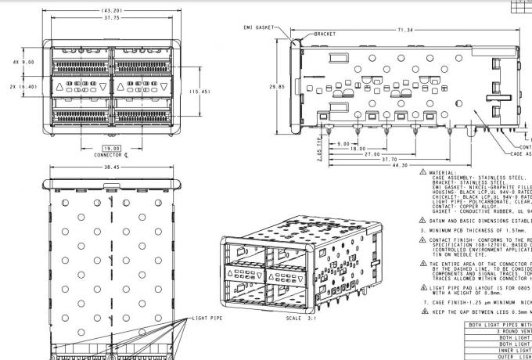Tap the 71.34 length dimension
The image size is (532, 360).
point(405,31)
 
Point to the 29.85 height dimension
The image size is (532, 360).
point(275,87)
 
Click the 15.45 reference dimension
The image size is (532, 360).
point(199,92)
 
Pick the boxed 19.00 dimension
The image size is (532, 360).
point(112,147)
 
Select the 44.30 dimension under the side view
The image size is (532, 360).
point(400,165)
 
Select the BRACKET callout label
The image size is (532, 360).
point(324,34)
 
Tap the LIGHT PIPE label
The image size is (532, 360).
point(207,319)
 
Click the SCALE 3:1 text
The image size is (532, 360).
point(301,319)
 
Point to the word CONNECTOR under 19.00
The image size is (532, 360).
point(108,155)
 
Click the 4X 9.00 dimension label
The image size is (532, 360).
point(23,61)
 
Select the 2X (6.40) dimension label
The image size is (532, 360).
point(23,87)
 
